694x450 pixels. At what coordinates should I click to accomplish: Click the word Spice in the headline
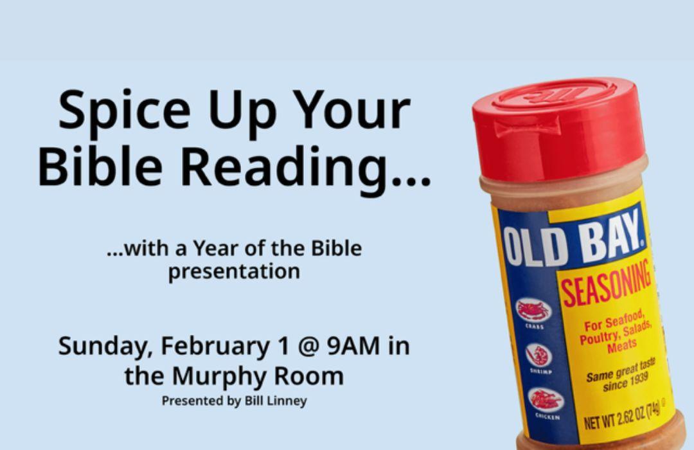pos(125,111)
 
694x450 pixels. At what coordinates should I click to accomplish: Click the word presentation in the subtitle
pos(234,271)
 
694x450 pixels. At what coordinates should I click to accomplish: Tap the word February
pos(215,346)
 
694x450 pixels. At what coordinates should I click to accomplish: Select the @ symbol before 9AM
pos(308,346)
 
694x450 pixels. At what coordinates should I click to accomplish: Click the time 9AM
pos(353,346)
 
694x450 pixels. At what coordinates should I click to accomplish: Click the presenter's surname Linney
pos(288,401)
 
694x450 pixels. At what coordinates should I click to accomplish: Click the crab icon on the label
pos(535,309)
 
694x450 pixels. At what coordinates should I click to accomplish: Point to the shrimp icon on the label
pos(538,355)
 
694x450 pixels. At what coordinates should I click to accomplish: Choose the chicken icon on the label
pos(546,401)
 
